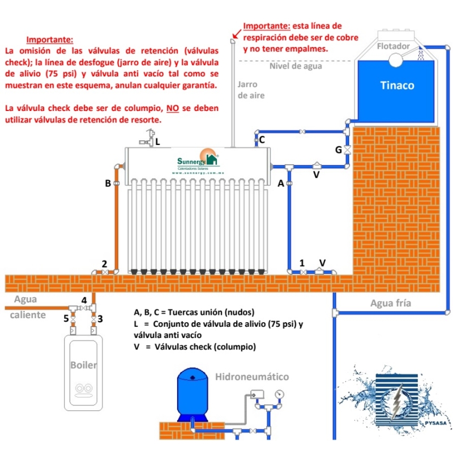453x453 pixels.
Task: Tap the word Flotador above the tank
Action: point(393,45)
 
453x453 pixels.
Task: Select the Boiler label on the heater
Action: point(83,365)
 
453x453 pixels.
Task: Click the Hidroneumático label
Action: point(252,377)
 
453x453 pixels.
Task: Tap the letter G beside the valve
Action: point(339,150)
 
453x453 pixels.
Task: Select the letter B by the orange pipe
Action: point(108,183)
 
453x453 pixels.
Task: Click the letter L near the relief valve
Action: point(157,142)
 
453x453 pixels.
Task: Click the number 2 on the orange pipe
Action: point(104,263)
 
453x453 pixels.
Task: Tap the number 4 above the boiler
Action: point(83,300)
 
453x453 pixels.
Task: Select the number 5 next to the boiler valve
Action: point(66,319)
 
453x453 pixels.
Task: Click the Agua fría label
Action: point(390,302)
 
